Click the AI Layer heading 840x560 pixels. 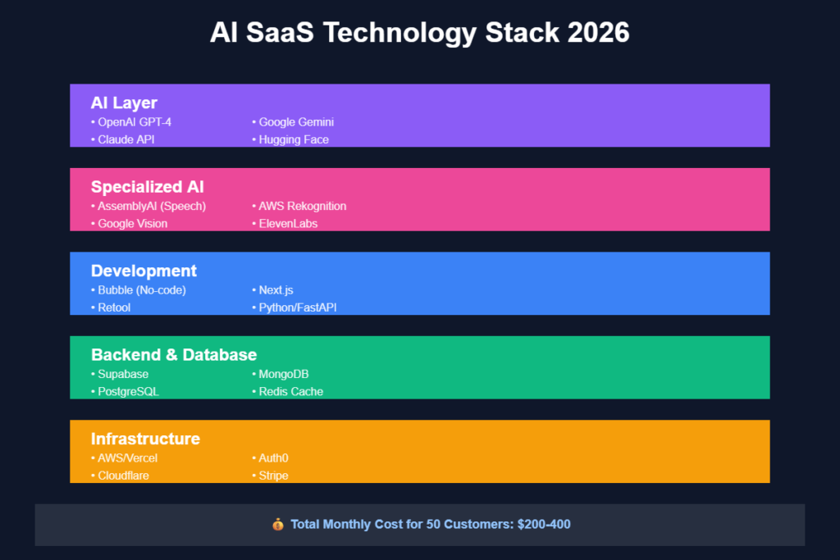124,102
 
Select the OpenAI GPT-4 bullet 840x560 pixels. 135,122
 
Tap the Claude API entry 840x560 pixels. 126,139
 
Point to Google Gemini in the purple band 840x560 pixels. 296,122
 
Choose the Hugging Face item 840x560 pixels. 294,139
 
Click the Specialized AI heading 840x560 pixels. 147,187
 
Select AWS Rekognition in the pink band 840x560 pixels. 302,206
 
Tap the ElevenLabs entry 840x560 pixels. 288,223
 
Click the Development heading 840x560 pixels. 144,271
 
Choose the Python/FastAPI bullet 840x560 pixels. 298,307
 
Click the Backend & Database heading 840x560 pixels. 174,354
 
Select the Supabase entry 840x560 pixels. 123,374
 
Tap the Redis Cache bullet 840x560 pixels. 290,391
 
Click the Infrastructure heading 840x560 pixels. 145,439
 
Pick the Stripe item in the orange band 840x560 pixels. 273,476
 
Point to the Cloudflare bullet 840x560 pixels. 123,476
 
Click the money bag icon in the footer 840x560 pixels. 278,524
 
